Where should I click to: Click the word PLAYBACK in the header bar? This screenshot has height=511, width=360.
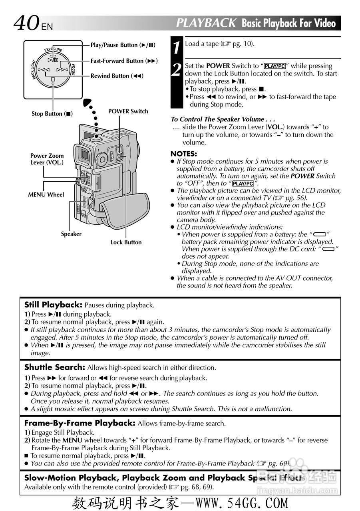[x=206, y=23]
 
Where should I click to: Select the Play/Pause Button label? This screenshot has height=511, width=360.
[x=123, y=45]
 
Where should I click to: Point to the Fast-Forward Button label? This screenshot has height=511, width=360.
[x=124, y=61]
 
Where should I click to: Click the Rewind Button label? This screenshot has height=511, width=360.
[x=117, y=76]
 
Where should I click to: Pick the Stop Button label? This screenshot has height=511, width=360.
[x=52, y=114]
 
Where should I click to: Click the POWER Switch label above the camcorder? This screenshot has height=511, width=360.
[x=128, y=111]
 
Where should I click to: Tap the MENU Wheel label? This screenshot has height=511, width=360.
[x=46, y=195]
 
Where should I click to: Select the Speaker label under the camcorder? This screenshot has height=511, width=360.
[x=71, y=234]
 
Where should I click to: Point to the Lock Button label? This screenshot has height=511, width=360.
[x=126, y=242]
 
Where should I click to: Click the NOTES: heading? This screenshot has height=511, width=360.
[x=184, y=154]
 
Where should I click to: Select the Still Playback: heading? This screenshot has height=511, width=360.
[x=53, y=305]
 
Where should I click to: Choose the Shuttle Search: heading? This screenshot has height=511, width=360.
[x=55, y=367]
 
